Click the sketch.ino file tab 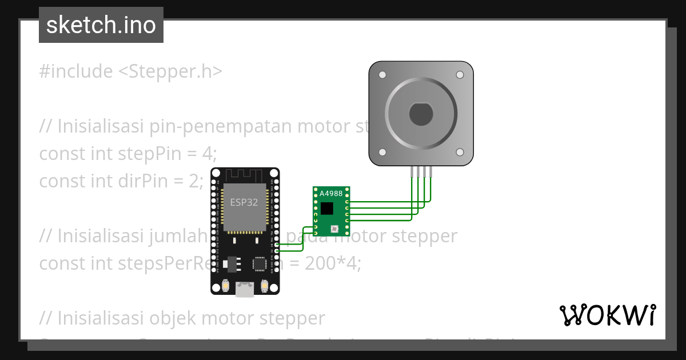(x=101, y=25)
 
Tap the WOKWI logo (x=608, y=315)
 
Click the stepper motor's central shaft (x=421, y=114)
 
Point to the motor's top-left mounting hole (x=382, y=75)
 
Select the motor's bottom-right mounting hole (x=459, y=153)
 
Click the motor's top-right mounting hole (x=459, y=75)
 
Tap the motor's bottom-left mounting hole (x=382, y=153)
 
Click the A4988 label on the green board (x=331, y=194)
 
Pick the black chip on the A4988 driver (x=326, y=208)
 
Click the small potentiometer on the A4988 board (x=335, y=229)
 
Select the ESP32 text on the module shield (x=244, y=202)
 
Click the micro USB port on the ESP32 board (x=245, y=290)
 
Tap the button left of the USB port (x=226, y=286)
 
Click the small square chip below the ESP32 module (x=260, y=263)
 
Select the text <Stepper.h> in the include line (x=170, y=72)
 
